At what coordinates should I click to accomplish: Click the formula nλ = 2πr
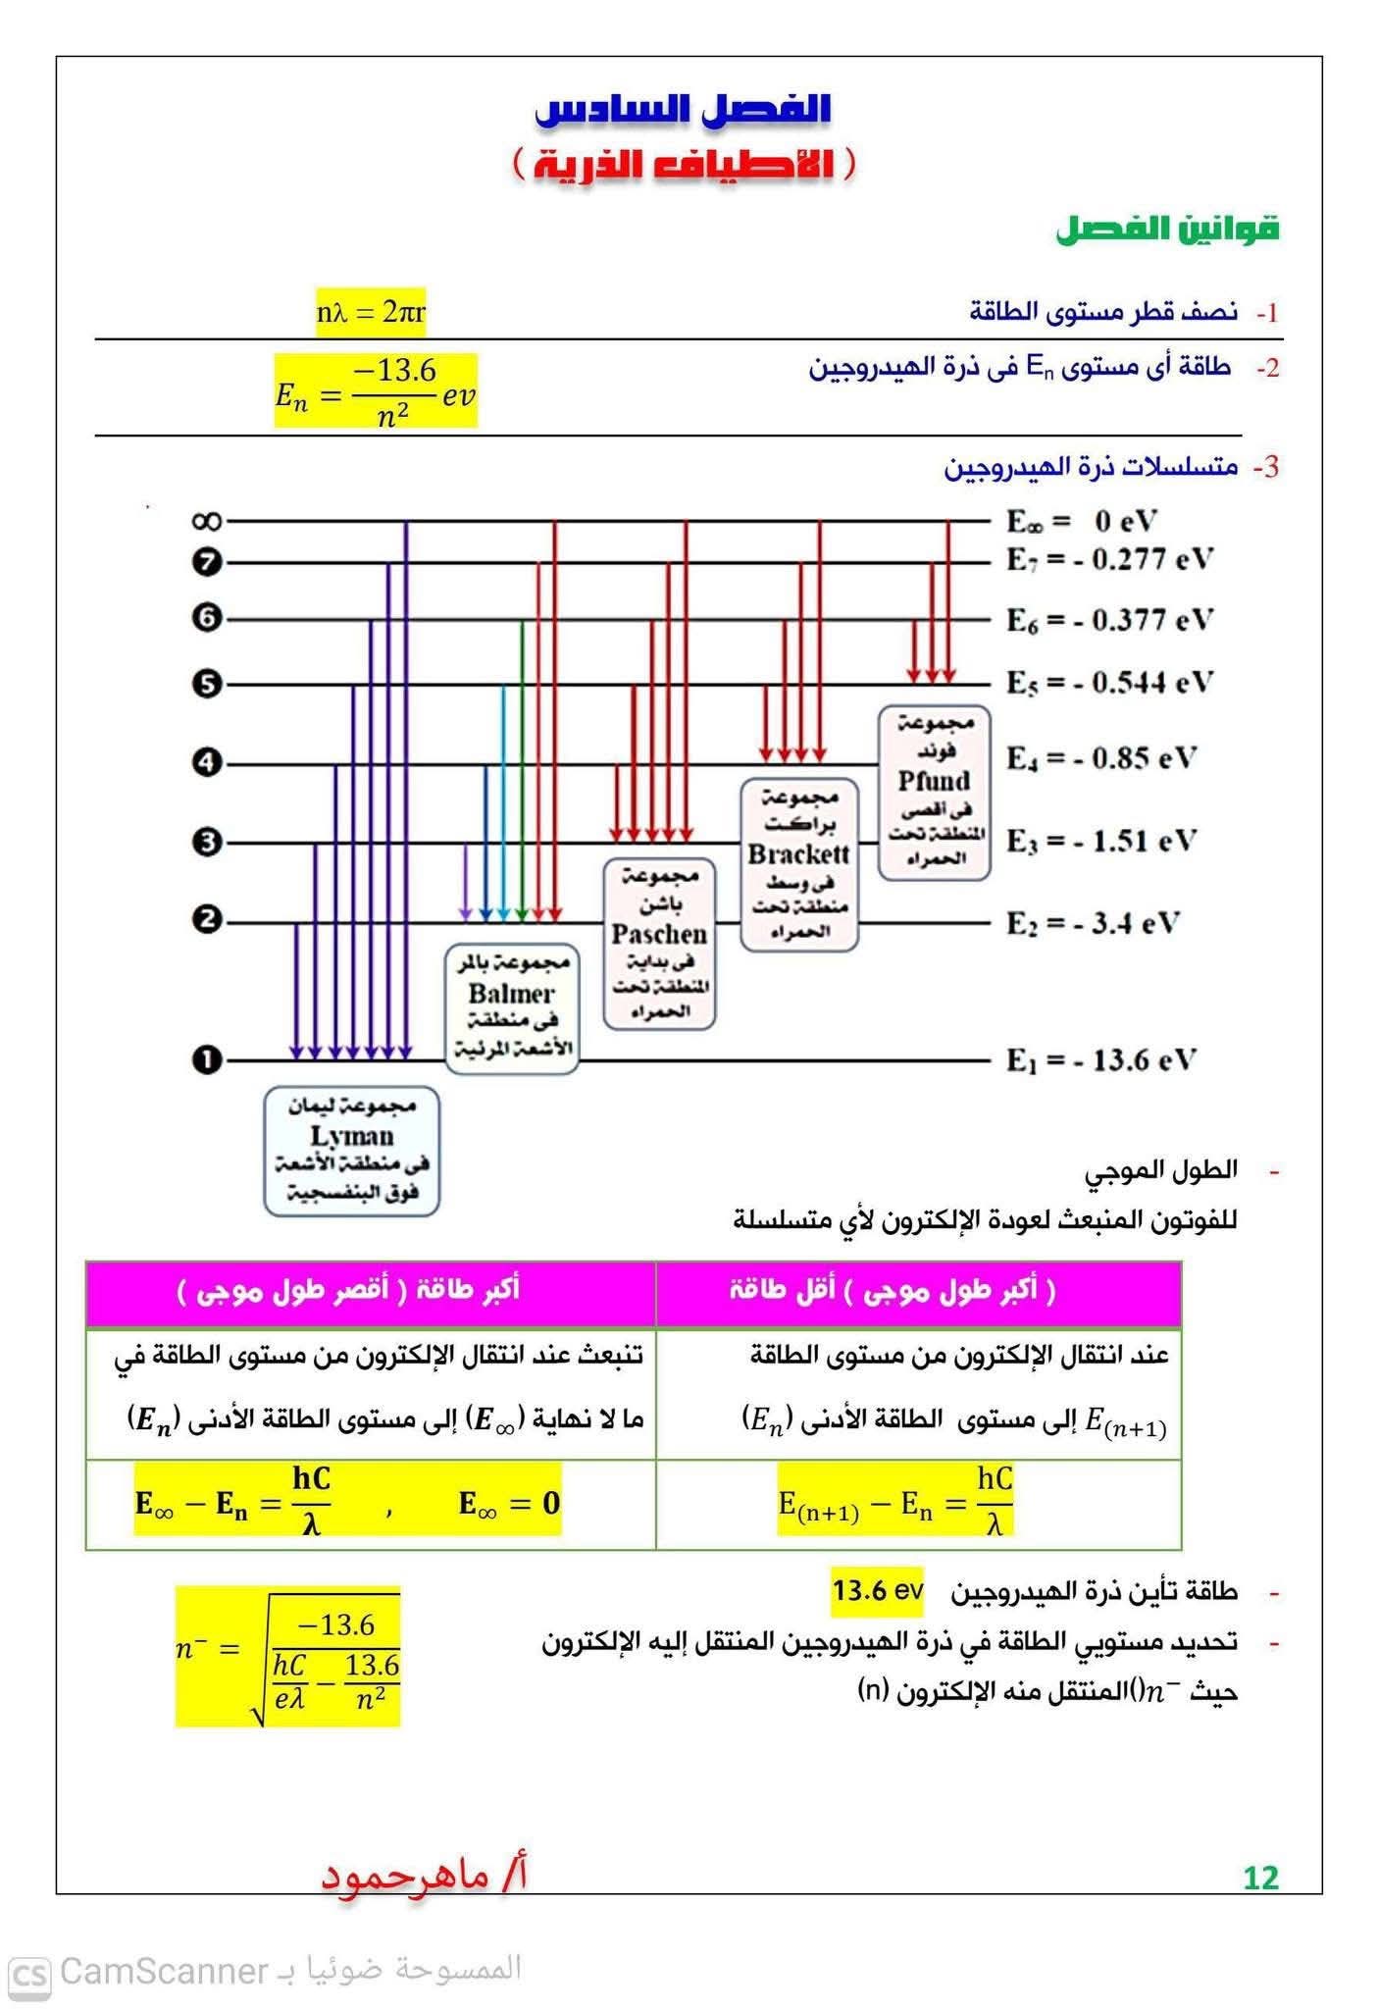coord(371,313)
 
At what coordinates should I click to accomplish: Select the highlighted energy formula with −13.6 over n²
coord(376,391)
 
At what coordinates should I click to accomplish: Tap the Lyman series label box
coord(352,1151)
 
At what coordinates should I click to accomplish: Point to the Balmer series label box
coord(511,1007)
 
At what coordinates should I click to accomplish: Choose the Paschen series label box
coord(659,944)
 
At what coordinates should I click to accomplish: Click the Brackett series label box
coord(798,864)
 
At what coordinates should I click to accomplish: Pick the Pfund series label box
coord(934,792)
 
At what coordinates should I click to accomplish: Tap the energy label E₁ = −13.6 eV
coord(1100,1060)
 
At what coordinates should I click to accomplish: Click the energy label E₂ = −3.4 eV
coord(1093,923)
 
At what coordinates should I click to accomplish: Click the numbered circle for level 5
coord(207,684)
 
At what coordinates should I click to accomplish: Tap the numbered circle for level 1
coord(207,1060)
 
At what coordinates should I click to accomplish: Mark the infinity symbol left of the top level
coord(207,521)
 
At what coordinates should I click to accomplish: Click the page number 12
coord(1260,1878)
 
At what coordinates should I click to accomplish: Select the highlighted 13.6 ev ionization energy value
coord(877,1590)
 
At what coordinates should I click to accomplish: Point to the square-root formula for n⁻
coord(288,1657)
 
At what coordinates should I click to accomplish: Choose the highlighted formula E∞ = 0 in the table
coord(509,1504)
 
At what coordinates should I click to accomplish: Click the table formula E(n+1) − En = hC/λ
coord(895,1502)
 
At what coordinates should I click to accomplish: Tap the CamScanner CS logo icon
coord(29,1974)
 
